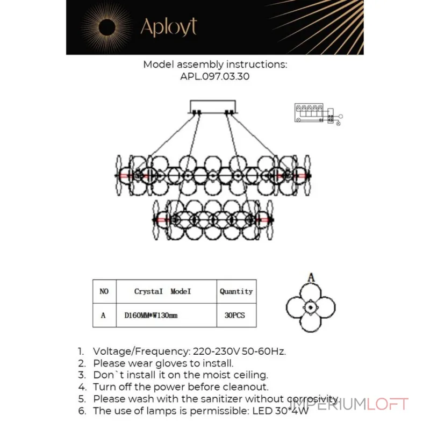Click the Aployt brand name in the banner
pos(169,27)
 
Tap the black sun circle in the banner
pos(107,27)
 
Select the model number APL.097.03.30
pos(214,76)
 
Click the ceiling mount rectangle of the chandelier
pos(213,106)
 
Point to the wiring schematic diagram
pos(318,114)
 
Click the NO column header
pos(104,291)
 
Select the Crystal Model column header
pos(162,291)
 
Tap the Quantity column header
pos(236,291)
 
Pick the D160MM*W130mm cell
pos(151,316)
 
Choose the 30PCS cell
pos(234,316)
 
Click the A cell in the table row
pos(103,316)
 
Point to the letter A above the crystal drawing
pos(311,277)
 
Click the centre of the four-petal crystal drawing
pos(311,307)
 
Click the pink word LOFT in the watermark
pos(388,404)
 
